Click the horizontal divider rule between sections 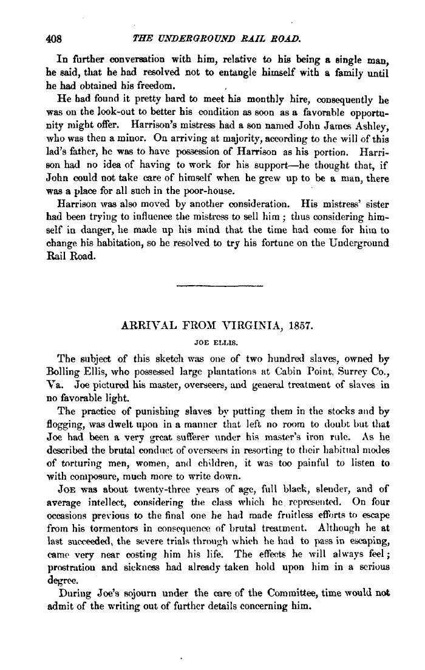pos(219,285)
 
